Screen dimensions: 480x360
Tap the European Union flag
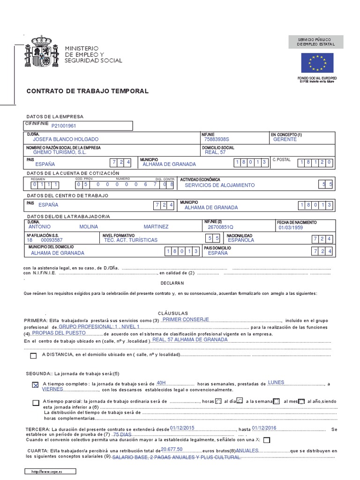click(317, 63)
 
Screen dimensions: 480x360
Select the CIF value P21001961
click(64, 126)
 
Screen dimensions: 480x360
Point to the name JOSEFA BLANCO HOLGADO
click(66, 140)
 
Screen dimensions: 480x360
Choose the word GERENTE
click(285, 140)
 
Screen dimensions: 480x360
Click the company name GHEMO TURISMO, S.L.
click(60, 152)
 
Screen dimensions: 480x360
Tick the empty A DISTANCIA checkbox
click(33, 356)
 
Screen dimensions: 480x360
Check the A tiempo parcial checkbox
click(36, 403)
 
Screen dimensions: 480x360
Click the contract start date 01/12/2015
click(182, 428)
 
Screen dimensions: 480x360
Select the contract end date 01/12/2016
click(264, 428)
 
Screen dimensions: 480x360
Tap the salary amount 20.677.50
click(172, 450)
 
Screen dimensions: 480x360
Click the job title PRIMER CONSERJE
click(185, 319)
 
